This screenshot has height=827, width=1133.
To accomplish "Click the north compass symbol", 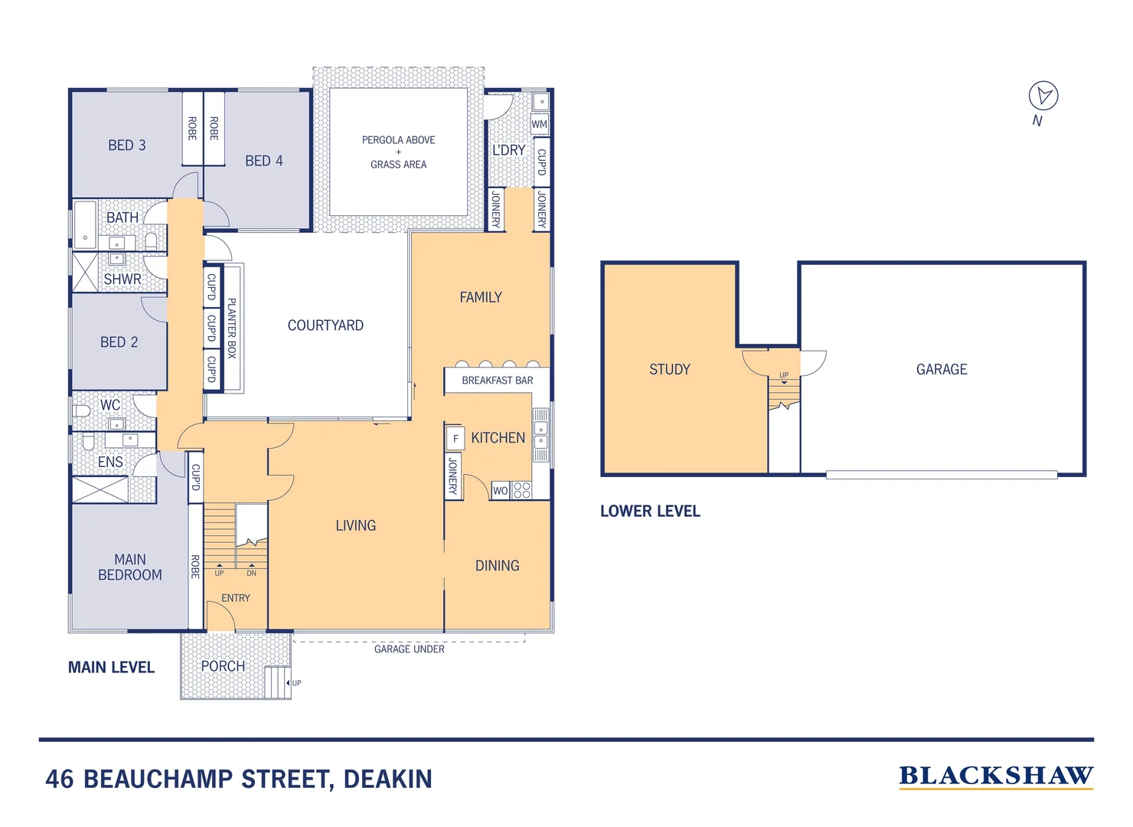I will point(1043,96).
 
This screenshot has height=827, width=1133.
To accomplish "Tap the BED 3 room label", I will point(126,145).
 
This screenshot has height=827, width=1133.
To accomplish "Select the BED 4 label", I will point(264,161).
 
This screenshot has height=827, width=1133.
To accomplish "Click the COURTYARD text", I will point(325,325).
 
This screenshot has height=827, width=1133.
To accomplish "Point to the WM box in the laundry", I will point(540,124).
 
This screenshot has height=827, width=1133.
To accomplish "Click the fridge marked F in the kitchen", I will point(455,439).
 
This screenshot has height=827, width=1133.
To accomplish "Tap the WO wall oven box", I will point(500,491).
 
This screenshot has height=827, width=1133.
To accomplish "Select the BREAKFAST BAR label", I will point(497,381).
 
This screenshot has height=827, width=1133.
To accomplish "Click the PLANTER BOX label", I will point(232,328).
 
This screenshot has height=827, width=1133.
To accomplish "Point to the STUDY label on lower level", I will point(670,370).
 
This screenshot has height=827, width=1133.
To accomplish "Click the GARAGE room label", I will point(942,370).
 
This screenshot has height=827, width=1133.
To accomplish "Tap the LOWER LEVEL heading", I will point(650,512).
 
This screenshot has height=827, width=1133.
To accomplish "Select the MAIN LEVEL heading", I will point(111,668).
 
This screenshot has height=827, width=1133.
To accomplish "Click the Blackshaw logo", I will point(996,776).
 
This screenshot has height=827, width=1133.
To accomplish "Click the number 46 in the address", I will point(60,780).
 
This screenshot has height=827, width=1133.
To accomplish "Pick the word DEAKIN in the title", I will point(387,780).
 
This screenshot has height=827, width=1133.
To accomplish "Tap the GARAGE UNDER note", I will point(409,649).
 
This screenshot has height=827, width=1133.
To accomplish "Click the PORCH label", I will point(223,667).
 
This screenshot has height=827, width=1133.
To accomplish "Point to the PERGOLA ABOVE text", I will point(398,140).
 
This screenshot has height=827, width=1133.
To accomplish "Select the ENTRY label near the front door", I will point(236,598).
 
